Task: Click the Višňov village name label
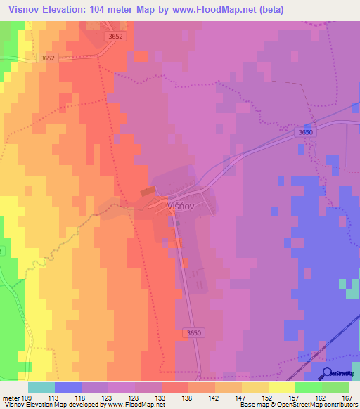click(x=182, y=206)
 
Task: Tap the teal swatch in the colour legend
click(x=41, y=387)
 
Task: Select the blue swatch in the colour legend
click(x=68, y=387)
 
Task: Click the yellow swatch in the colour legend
click(x=281, y=387)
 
